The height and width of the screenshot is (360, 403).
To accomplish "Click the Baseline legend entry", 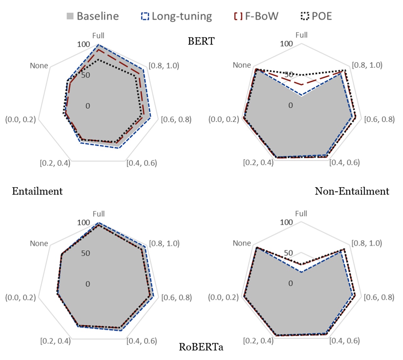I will coord(93,16).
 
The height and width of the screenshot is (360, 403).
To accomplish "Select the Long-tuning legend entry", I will coord(177,16).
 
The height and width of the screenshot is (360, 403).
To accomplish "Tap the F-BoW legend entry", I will coord(256,16).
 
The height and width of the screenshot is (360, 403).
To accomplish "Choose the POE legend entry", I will coord(316,16).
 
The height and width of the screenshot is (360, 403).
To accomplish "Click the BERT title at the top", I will coord(201,41).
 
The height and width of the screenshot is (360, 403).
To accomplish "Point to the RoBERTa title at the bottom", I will coord(201,347).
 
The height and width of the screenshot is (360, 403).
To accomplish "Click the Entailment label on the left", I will coord(37,191).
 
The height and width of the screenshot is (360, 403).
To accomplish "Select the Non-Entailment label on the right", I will coord(352,191).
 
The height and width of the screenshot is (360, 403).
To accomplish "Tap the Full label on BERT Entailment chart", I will coord(98,36).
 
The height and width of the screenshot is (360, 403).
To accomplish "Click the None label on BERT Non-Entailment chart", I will coord(242,65).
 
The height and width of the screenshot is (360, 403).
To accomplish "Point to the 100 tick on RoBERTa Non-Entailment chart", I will coord(286,222).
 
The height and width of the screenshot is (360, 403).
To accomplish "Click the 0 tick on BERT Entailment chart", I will coord(88,106).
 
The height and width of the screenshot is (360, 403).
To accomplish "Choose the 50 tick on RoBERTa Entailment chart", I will coord(85,253).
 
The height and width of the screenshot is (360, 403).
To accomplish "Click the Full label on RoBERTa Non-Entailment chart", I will coord(301,213).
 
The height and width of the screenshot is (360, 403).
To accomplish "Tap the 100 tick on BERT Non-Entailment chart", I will coord(286,44).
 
